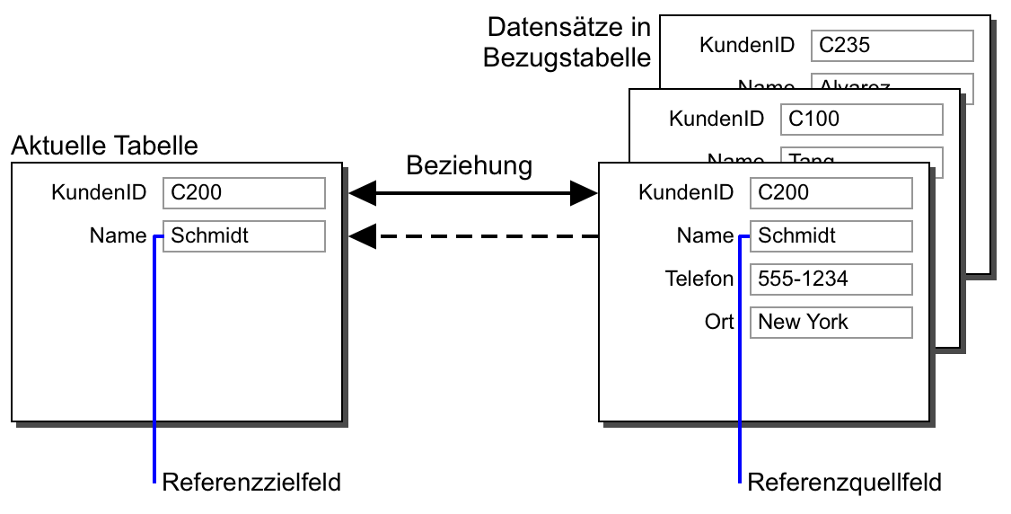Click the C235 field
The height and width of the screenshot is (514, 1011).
(892, 45)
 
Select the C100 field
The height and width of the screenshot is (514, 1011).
(861, 119)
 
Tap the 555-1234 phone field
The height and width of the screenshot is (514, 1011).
(831, 279)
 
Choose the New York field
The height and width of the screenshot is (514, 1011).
(831, 323)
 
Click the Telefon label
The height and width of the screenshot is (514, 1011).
(699, 279)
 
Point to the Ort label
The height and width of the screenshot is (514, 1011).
(718, 323)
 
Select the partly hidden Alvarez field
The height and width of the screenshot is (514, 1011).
(892, 82)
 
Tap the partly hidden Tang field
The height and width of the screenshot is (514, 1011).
(861, 156)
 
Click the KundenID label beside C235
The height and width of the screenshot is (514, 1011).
(747, 45)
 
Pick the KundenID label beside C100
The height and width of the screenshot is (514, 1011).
(716, 119)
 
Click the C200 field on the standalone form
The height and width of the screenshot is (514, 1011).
(243, 192)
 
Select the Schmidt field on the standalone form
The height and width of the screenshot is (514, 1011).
(243, 236)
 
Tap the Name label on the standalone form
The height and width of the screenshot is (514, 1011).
(118, 236)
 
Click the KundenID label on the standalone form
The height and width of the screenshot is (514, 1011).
(99, 192)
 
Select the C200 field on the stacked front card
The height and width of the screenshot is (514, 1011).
(831, 192)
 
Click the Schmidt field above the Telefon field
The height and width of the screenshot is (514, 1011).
(831, 236)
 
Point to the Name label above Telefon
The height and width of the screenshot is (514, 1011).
(705, 236)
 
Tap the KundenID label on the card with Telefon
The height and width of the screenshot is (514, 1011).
(686, 192)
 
